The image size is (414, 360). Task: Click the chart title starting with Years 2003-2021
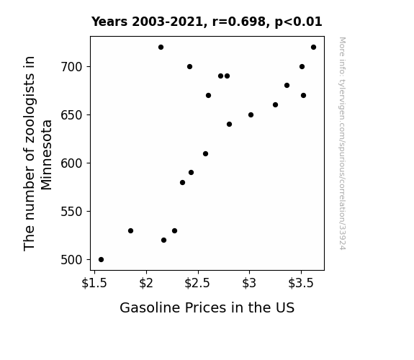(x=207, y=22)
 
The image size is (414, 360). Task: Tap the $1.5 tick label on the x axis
(x=94, y=283)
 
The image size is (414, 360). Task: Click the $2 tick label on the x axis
(x=146, y=283)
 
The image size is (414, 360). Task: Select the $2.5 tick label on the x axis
(x=197, y=283)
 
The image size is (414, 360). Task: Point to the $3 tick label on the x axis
(x=249, y=283)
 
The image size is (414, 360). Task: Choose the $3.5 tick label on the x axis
(x=301, y=283)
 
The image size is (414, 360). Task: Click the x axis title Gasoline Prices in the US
(x=207, y=307)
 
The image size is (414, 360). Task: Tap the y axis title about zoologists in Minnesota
(x=37, y=153)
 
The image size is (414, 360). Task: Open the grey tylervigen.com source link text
(x=342, y=143)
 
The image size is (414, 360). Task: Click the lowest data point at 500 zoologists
(x=101, y=260)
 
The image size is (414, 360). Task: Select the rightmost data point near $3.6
(x=313, y=48)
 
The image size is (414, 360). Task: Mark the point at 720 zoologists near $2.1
(x=161, y=48)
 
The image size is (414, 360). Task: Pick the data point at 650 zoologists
(x=251, y=115)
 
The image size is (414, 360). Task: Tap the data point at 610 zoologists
(x=205, y=153)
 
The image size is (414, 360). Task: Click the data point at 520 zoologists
(x=163, y=240)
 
